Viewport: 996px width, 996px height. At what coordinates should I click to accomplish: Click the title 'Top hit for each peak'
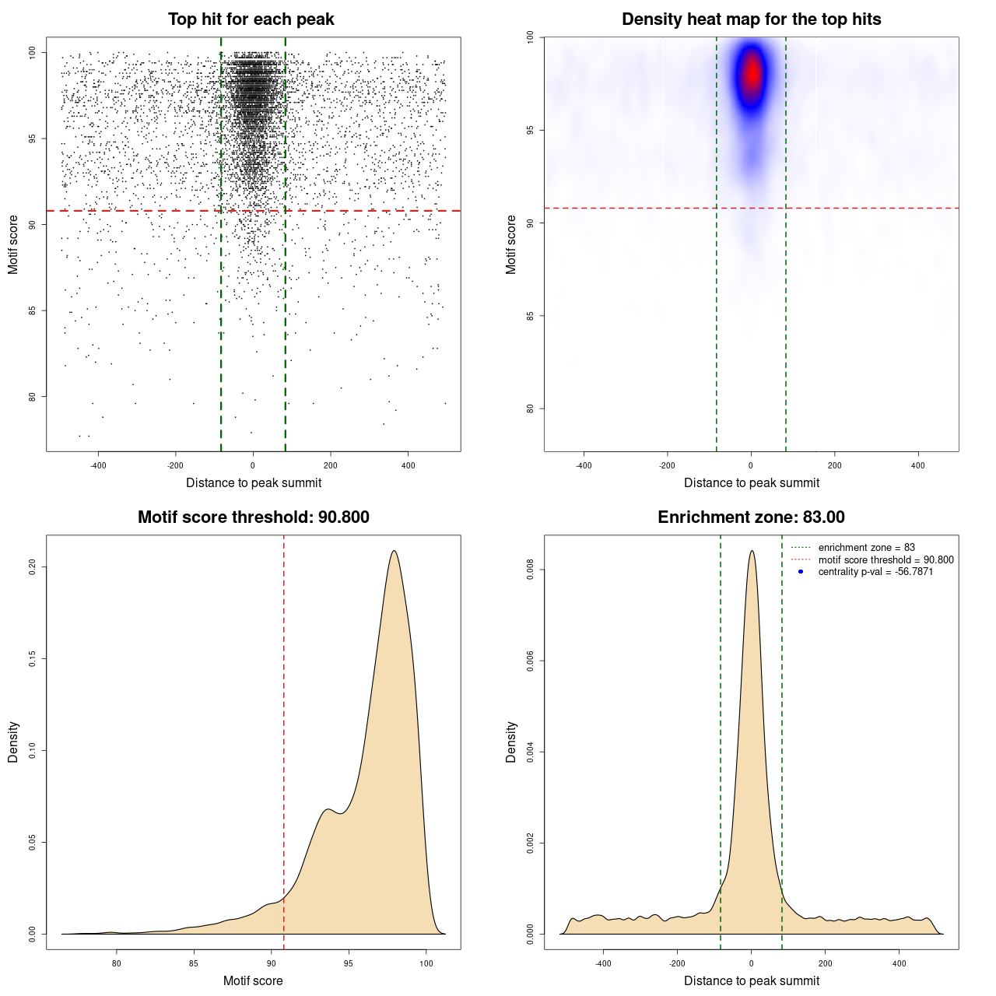(x=251, y=19)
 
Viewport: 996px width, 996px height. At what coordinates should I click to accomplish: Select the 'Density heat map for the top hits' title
(x=751, y=19)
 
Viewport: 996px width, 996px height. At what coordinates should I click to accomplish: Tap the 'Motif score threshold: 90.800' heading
(x=253, y=517)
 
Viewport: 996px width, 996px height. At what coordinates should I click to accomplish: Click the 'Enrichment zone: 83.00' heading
(x=751, y=517)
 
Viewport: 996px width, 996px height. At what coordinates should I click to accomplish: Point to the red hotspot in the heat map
(x=752, y=75)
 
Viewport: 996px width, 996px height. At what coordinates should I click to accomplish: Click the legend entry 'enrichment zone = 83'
(x=866, y=548)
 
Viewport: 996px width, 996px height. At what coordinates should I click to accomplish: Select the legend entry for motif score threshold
(x=886, y=559)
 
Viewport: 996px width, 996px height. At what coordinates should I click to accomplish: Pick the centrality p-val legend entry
(x=875, y=572)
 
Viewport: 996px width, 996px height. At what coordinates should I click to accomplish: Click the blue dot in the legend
(x=801, y=572)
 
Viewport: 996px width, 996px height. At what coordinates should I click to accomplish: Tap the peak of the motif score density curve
(x=395, y=551)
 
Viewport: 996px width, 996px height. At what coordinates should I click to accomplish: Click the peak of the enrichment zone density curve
(x=752, y=551)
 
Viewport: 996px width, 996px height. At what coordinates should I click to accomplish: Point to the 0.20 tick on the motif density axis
(x=33, y=567)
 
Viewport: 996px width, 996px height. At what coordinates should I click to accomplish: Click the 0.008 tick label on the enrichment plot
(x=531, y=570)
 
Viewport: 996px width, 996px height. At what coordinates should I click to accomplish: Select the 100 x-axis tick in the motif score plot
(x=426, y=963)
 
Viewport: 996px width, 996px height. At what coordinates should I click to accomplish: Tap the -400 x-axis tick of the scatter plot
(x=98, y=465)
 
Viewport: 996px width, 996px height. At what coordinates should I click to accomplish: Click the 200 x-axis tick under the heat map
(x=834, y=465)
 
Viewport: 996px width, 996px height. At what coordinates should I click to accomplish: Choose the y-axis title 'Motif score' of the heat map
(x=511, y=244)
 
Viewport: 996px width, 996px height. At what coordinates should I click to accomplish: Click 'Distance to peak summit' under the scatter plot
(x=254, y=482)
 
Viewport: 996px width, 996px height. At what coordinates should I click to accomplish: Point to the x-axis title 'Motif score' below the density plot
(x=253, y=980)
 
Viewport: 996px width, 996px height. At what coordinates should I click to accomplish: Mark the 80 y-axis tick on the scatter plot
(x=33, y=397)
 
